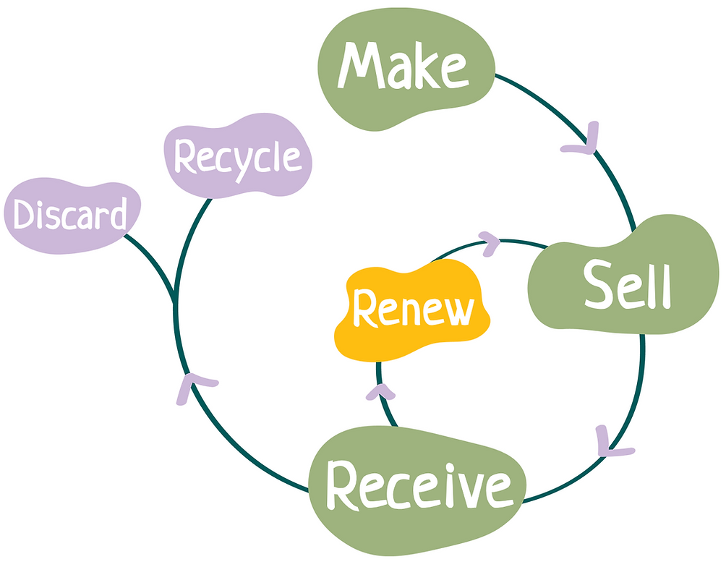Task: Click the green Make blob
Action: (405, 72)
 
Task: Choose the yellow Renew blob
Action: (412, 311)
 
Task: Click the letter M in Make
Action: (360, 67)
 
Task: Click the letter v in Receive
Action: (474, 489)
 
